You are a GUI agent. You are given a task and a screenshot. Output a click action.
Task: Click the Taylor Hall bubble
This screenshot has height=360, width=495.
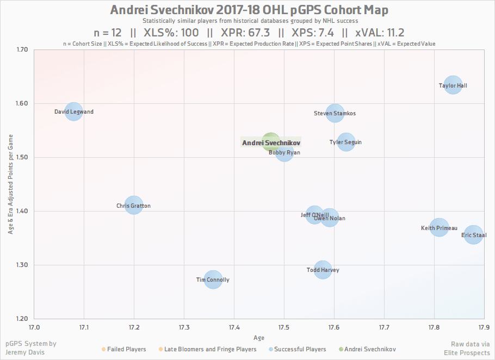click(x=453, y=85)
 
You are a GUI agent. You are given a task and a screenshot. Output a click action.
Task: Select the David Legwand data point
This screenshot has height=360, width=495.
click(x=73, y=112)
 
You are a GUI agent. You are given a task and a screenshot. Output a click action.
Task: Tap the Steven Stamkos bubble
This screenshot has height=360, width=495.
click(x=335, y=114)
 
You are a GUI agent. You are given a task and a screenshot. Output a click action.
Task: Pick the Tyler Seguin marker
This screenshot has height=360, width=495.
click(x=345, y=142)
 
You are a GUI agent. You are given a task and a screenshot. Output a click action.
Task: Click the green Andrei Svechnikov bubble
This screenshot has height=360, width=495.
click(x=270, y=142)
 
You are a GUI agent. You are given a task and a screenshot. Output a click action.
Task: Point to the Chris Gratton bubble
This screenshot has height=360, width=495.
click(x=133, y=206)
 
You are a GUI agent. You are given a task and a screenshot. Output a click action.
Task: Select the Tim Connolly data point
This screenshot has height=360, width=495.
click(x=213, y=280)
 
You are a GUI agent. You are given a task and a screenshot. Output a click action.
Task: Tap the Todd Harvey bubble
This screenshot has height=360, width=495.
click(x=323, y=269)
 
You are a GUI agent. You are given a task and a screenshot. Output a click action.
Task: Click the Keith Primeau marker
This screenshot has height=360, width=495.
click(x=440, y=228)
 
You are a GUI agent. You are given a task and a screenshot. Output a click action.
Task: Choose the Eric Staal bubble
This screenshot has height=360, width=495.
click(x=474, y=235)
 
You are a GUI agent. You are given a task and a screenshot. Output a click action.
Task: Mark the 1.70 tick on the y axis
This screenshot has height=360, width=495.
click(x=22, y=49)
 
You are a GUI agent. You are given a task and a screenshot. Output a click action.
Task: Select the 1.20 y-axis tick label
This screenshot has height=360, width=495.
click(x=22, y=319)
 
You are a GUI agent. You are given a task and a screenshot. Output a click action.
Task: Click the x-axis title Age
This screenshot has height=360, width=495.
click(x=259, y=337)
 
